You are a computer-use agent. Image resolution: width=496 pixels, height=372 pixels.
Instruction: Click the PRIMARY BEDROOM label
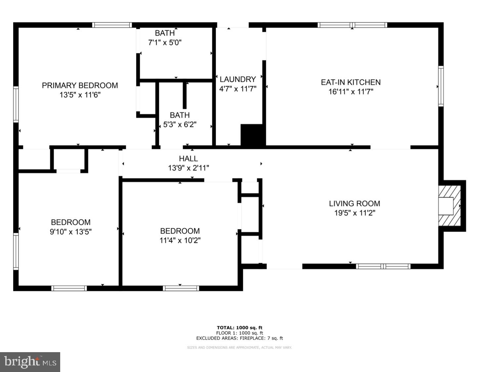click(x=80, y=85)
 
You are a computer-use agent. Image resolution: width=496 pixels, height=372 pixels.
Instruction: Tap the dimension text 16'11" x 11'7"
click(x=351, y=92)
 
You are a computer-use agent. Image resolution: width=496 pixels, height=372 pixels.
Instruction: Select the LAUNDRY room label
click(x=238, y=79)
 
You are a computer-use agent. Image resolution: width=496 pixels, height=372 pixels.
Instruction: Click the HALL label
click(x=188, y=159)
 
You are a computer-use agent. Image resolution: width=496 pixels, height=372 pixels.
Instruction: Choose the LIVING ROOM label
click(x=354, y=204)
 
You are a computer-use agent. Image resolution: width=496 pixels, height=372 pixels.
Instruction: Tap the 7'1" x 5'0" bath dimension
click(x=165, y=42)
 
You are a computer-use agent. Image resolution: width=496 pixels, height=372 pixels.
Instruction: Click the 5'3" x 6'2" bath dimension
click(x=180, y=125)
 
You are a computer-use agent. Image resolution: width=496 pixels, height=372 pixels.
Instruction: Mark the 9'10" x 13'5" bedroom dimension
click(x=71, y=232)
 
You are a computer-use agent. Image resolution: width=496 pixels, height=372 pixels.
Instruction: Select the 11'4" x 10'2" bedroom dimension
click(x=180, y=240)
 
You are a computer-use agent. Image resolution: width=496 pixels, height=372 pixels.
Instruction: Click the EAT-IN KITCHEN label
click(x=351, y=82)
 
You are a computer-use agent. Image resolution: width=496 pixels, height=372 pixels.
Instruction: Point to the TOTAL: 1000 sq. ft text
click(x=239, y=328)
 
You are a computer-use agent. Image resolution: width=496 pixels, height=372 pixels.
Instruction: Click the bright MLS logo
click(x=30, y=362)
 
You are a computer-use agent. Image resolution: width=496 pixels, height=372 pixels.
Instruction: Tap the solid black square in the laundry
click(x=253, y=135)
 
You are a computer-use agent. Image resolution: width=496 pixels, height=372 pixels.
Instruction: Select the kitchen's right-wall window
click(x=441, y=86)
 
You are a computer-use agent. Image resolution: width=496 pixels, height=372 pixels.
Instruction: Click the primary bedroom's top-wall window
click(x=112, y=25)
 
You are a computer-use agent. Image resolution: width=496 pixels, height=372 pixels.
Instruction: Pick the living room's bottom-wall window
click(x=383, y=266)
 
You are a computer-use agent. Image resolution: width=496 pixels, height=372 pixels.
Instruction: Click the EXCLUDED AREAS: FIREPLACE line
click(x=239, y=338)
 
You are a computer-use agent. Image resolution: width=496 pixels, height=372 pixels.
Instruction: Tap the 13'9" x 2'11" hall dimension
click(x=188, y=168)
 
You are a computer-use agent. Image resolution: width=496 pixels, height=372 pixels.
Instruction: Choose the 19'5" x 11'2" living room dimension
click(x=354, y=213)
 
